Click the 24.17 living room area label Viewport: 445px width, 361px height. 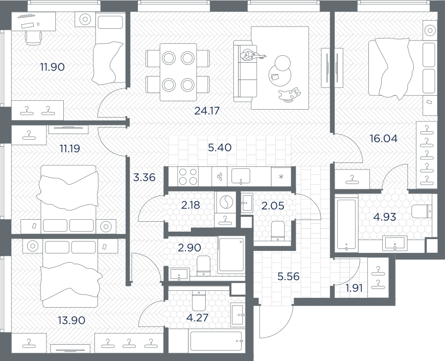click(x=207, y=111)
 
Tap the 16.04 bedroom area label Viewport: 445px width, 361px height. click(x=383, y=139)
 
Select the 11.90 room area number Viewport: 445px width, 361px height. click(x=52, y=67)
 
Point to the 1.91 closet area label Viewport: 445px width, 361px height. click(x=354, y=288)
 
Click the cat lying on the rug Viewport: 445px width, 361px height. click(x=290, y=95)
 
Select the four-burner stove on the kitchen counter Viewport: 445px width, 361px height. click(x=188, y=176)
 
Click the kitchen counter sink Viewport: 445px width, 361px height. click(x=241, y=176)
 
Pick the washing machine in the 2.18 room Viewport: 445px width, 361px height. click(x=225, y=202)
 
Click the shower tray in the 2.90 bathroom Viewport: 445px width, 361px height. click(x=231, y=255)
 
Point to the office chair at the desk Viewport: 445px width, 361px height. click(x=34, y=38)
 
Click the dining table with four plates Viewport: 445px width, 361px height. click(x=178, y=72)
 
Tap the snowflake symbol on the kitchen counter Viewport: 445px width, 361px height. click(x=281, y=177)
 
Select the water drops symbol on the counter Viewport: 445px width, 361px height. click(x=220, y=177)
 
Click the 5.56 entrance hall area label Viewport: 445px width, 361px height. click(x=288, y=276)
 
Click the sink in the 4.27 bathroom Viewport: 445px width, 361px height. click(x=237, y=315)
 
